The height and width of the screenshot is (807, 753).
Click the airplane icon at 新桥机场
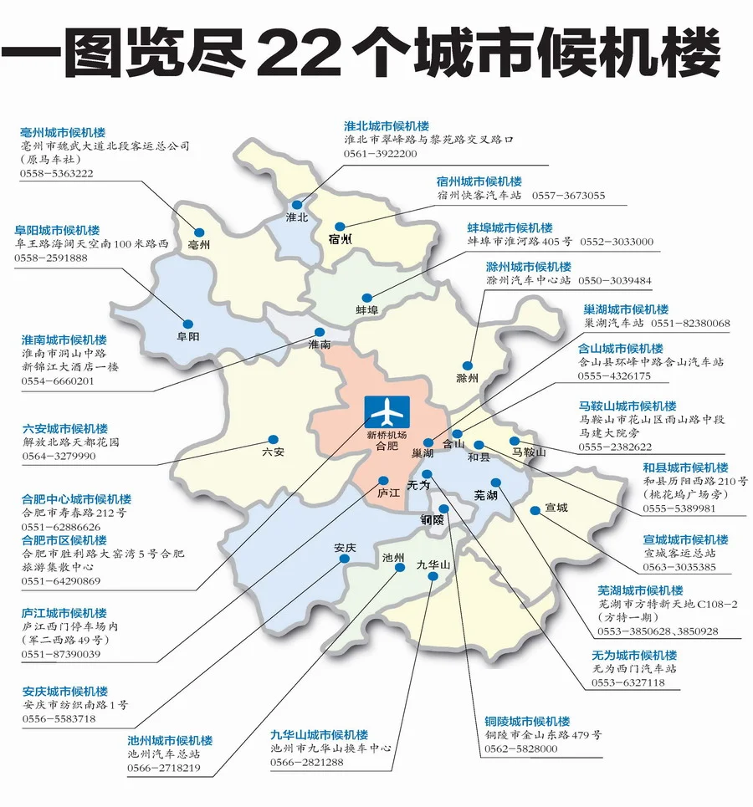(x=387, y=412)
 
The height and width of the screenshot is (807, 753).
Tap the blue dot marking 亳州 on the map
(x=200, y=232)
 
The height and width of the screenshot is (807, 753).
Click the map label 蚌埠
(x=366, y=310)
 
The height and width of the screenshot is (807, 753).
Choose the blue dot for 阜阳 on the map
(x=188, y=324)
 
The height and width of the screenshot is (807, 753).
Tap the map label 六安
(x=273, y=452)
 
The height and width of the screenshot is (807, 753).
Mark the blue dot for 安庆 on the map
(x=345, y=563)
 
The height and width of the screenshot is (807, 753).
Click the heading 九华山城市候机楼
(x=319, y=734)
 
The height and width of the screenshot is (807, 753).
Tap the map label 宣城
(x=556, y=508)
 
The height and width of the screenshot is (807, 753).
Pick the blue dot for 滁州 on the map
(x=468, y=366)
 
